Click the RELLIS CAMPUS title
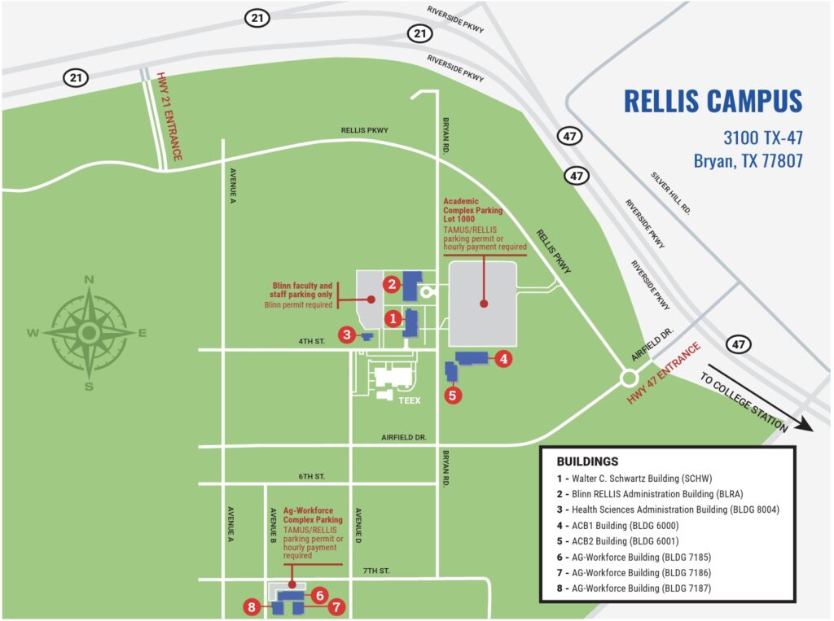[x=713, y=102]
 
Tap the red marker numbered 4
[x=503, y=357]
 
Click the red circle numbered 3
[x=348, y=334]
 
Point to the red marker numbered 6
[x=320, y=595]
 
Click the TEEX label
[x=409, y=400]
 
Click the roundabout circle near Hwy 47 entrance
[x=629, y=378]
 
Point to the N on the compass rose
[x=89, y=280]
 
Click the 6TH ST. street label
[x=312, y=476]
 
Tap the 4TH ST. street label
[x=312, y=343]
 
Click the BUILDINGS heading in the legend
[x=587, y=461]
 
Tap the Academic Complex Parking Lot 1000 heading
[x=473, y=210]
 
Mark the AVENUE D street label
[x=358, y=527]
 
